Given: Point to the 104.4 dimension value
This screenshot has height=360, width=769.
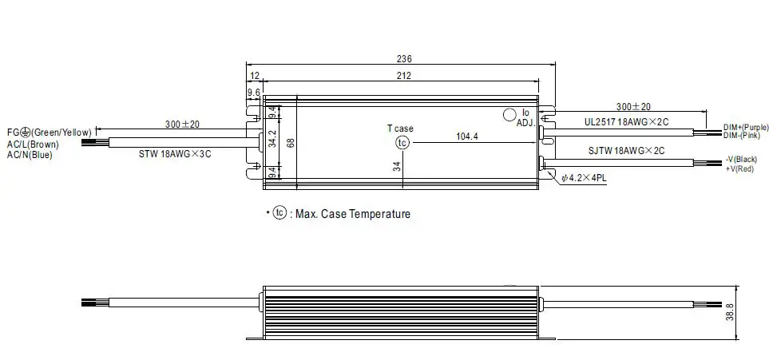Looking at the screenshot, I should (466, 136).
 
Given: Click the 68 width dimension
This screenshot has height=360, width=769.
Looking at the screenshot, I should (291, 143).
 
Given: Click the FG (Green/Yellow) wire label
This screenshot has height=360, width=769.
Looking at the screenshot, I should (49, 130).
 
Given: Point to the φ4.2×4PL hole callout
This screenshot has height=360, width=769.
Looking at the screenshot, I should (585, 179).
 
